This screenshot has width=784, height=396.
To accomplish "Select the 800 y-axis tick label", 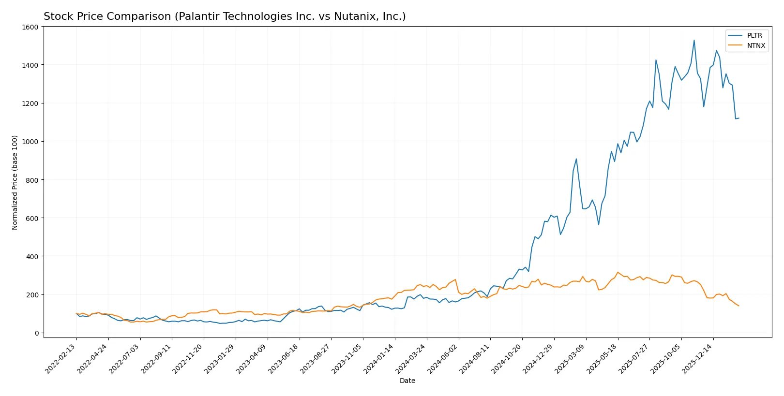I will (32, 180).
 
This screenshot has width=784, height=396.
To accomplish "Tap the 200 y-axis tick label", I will (32, 295).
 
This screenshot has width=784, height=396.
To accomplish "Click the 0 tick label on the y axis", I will (36, 333).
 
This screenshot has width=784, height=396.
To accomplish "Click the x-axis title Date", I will (407, 381).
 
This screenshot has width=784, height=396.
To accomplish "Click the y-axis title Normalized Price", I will (15, 182).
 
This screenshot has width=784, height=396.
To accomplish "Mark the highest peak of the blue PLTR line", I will (694, 40).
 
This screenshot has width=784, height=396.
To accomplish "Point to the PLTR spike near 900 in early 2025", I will (576, 159).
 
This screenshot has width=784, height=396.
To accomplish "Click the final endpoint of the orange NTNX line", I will (739, 306).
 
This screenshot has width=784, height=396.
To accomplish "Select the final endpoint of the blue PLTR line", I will (739, 118).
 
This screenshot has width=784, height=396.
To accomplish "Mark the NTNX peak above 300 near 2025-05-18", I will (618, 272).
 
